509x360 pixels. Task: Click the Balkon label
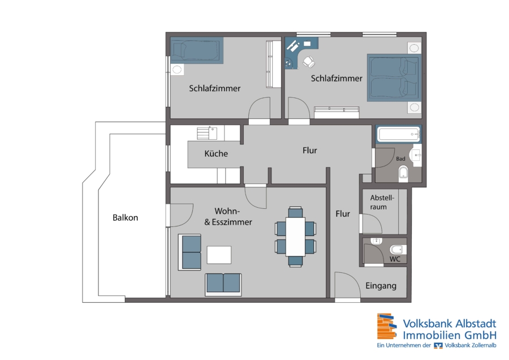click(x=126, y=218)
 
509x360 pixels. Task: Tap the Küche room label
click(x=216, y=153)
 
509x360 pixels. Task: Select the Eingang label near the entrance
click(x=381, y=286)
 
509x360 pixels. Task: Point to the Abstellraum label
click(x=382, y=202)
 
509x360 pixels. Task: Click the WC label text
click(x=395, y=259)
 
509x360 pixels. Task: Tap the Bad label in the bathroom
click(x=400, y=159)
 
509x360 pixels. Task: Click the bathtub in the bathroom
click(x=399, y=134)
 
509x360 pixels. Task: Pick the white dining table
click(x=295, y=237)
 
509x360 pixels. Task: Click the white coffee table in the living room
click(x=219, y=255)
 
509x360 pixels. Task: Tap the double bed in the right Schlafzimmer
click(x=394, y=78)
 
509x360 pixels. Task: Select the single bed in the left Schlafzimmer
click(x=197, y=50)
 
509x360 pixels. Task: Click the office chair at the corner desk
click(x=309, y=62)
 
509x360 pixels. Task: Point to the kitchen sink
click(x=213, y=133)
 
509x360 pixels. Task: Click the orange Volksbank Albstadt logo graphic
click(x=387, y=326)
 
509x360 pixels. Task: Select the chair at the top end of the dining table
click(x=295, y=212)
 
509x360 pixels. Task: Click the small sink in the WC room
click(x=376, y=241)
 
